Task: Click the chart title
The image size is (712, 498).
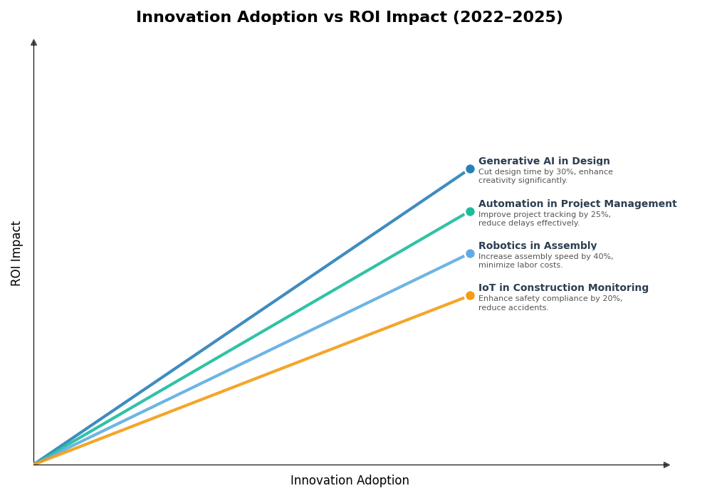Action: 349,18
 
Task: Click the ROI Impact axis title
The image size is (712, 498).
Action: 16,253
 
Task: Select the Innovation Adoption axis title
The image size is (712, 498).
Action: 350,481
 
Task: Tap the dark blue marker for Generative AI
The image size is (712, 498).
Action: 470,169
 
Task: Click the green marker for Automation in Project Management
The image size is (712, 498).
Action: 470,211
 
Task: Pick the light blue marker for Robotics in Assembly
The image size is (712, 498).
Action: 470,253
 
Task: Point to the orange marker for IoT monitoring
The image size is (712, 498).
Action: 470,296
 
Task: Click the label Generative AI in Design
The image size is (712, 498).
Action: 544,161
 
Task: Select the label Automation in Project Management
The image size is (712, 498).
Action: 577,204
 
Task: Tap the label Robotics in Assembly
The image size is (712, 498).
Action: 538,246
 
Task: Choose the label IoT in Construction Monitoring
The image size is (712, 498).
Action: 563,288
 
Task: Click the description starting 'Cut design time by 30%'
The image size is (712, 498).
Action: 545,176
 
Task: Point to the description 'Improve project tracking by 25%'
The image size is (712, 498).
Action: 545,219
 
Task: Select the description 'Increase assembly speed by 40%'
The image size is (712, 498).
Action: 545,261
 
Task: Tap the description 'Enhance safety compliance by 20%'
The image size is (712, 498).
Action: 550,303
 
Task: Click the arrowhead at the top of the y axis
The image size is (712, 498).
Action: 33,43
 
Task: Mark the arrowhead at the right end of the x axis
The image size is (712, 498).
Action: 666,465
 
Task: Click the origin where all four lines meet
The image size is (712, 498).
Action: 34,464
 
